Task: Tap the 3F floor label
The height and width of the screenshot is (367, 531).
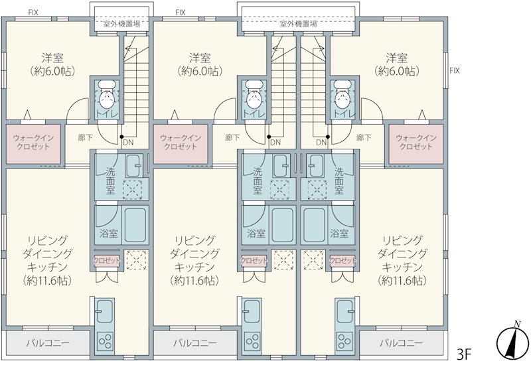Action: (x=464, y=354)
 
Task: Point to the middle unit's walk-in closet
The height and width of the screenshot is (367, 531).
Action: (x=181, y=144)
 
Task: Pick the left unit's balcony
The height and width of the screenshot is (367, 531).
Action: (x=48, y=343)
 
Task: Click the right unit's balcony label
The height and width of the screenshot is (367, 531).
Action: (x=402, y=343)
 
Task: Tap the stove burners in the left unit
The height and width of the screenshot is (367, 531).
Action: (x=105, y=340)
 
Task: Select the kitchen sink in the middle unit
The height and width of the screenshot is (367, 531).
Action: (x=252, y=311)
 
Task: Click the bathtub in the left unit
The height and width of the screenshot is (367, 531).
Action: (x=135, y=224)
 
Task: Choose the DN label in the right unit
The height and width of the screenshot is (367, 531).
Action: (x=321, y=143)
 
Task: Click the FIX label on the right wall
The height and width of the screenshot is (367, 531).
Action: (x=455, y=70)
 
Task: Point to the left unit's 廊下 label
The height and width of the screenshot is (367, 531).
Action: (x=85, y=137)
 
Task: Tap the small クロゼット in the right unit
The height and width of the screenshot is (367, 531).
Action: (x=342, y=260)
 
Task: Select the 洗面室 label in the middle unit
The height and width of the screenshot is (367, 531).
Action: (x=258, y=181)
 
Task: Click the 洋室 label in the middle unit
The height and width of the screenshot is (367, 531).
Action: (x=200, y=58)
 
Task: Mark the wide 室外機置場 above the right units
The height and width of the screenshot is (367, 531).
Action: (x=298, y=24)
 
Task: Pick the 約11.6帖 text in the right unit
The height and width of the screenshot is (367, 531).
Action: (x=402, y=281)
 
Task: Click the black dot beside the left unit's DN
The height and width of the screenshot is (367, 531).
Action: (x=121, y=137)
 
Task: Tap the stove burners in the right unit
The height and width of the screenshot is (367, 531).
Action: (x=344, y=340)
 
